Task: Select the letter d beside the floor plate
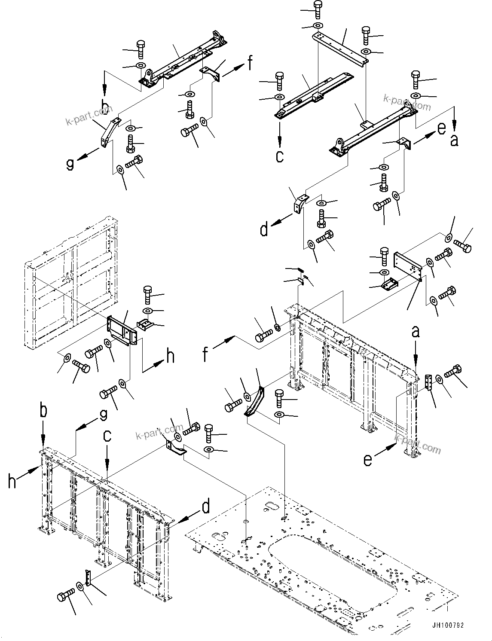point(206,507)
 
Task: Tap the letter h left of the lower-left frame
point(12,480)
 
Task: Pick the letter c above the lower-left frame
point(107,436)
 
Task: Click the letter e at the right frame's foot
point(368,460)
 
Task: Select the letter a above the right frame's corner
point(416,332)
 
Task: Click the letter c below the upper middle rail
point(280,156)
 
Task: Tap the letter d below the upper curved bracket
point(264,230)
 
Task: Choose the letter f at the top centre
point(249,63)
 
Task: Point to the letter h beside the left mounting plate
point(171,357)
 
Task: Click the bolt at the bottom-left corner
point(65,596)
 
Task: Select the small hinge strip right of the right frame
point(428,382)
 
